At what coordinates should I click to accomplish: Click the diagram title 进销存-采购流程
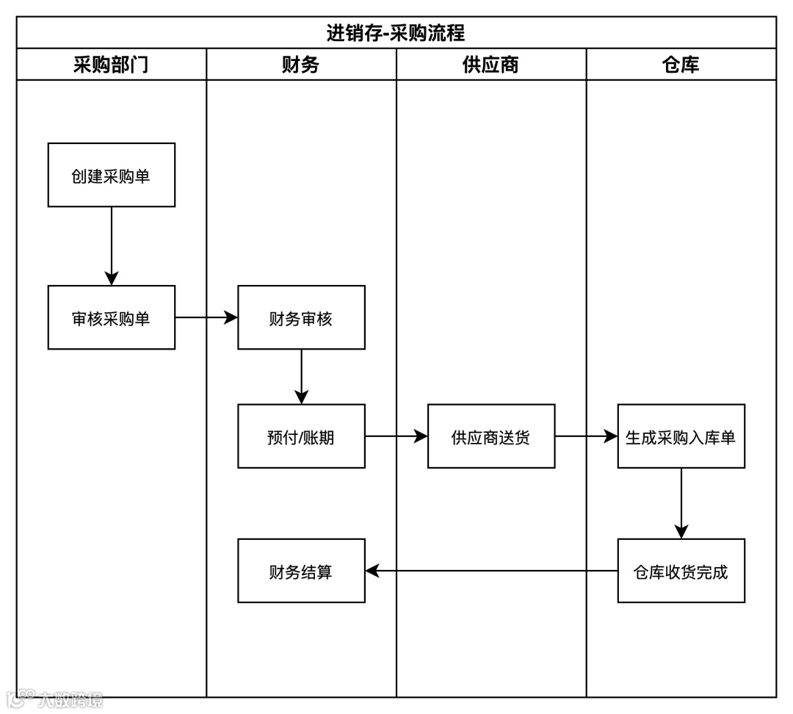point(396,33)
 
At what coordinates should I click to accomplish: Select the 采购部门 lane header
point(111,65)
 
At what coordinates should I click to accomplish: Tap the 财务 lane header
point(301,65)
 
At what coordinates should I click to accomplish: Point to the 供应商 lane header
point(490,65)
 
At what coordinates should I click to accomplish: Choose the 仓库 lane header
point(681,65)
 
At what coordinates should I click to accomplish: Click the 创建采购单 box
point(112,176)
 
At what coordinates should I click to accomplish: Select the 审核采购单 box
point(112,317)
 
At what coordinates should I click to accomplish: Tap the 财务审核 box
point(301,317)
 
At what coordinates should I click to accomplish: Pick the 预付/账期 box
point(301,436)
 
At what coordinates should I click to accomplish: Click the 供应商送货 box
point(491,436)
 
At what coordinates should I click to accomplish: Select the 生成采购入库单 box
point(681,436)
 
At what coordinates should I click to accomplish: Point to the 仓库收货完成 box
point(681,571)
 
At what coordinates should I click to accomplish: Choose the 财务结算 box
point(301,571)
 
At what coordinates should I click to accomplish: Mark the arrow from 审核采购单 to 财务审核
point(206,317)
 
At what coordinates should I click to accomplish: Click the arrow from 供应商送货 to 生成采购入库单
point(586,436)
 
